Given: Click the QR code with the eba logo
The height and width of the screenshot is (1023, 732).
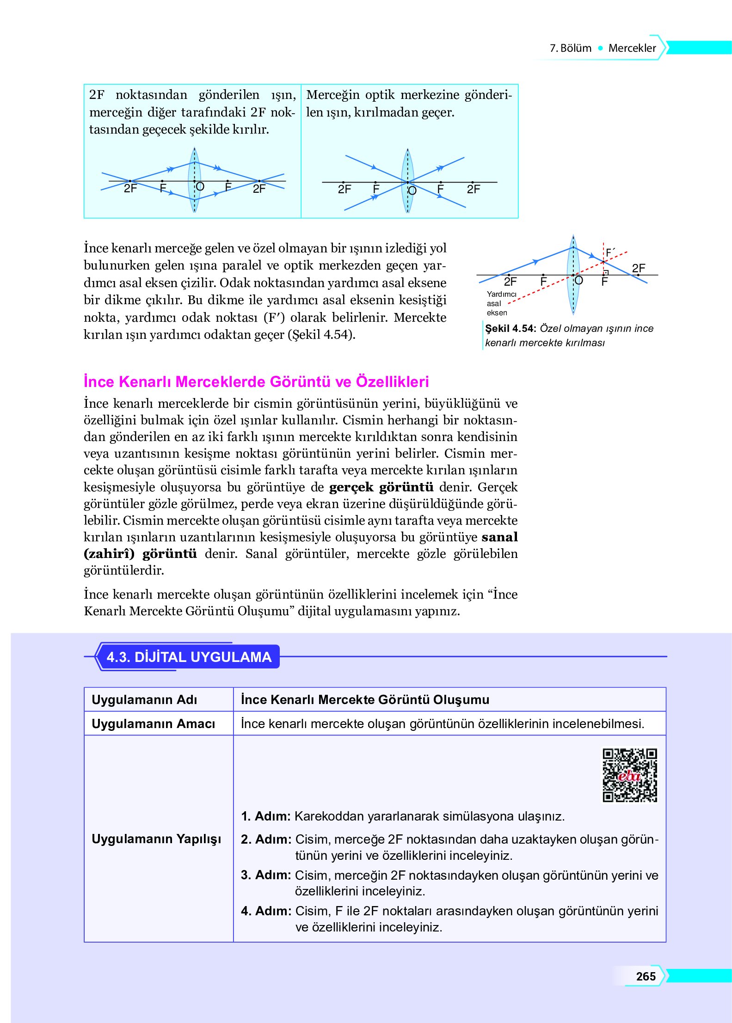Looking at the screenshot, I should pos(629,775).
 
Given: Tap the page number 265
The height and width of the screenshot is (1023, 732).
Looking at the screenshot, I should pos(646,976).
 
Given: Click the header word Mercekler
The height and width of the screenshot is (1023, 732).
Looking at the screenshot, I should pos(632,48).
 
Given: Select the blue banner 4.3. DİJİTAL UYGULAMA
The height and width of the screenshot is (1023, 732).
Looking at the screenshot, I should pos(188,656).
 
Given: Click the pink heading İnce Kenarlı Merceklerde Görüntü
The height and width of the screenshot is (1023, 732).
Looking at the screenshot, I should pos(256,382).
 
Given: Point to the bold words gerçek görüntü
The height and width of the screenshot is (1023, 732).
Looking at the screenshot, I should pos(381,487).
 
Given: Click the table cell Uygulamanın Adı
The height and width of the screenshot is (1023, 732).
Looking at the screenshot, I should pos(144,699).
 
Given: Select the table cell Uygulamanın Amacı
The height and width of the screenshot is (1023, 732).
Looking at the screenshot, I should pos(153,723).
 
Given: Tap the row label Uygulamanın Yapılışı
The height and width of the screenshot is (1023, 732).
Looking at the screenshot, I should pos(156,839).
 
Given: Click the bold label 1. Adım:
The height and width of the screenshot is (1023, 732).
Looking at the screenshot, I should pos(265,816).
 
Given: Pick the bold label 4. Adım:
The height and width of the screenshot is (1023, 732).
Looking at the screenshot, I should pos(266,911).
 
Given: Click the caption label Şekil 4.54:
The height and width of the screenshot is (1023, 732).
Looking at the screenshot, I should pos(510,328).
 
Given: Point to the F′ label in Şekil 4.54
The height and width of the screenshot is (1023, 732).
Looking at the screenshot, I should pos(610,252).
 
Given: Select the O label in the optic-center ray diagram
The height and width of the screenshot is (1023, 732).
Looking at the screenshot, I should pos(412,190).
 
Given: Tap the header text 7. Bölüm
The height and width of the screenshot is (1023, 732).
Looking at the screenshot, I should pos(570,48).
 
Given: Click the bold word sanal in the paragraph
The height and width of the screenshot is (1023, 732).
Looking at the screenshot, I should pos(499,537).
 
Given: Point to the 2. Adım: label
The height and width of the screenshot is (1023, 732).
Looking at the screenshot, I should pos(266,839).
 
